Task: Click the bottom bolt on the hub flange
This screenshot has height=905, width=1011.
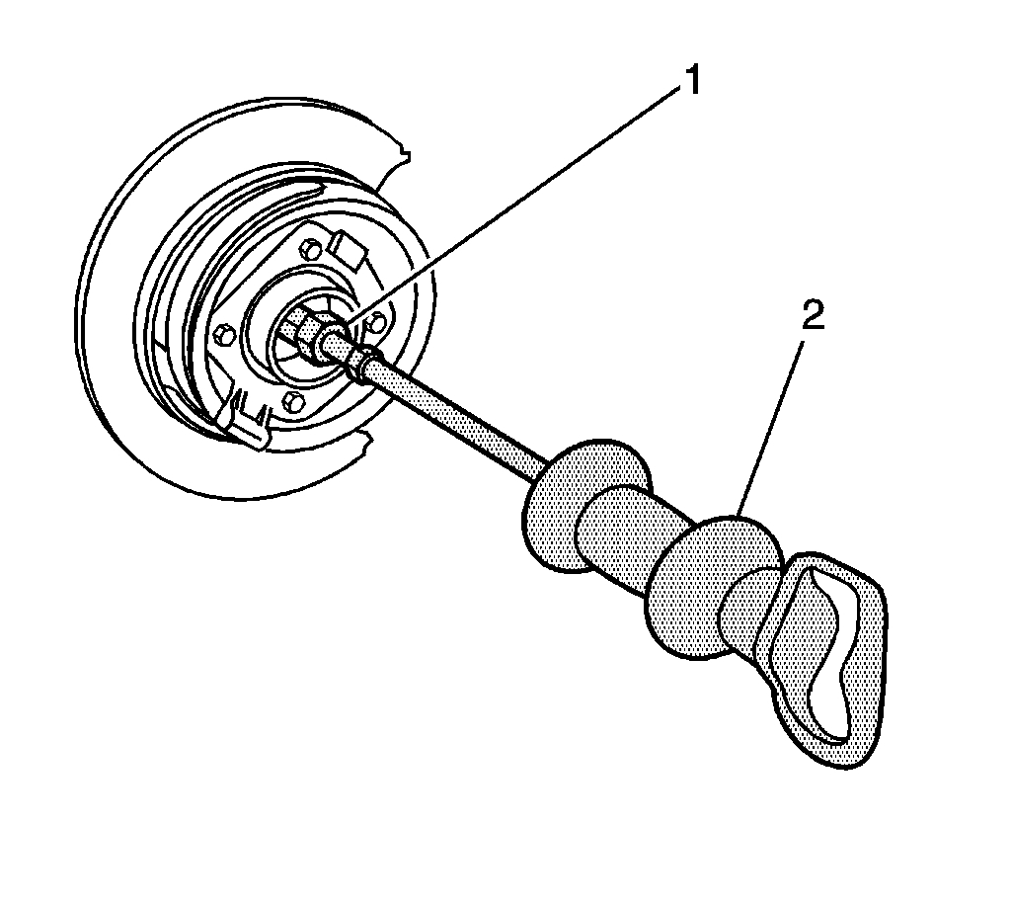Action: coord(292,400)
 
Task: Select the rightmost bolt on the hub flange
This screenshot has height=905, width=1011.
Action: coord(376,317)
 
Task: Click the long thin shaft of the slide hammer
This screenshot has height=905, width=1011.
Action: coord(464,416)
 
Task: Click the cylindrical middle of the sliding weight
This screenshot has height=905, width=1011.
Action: coord(622,538)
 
